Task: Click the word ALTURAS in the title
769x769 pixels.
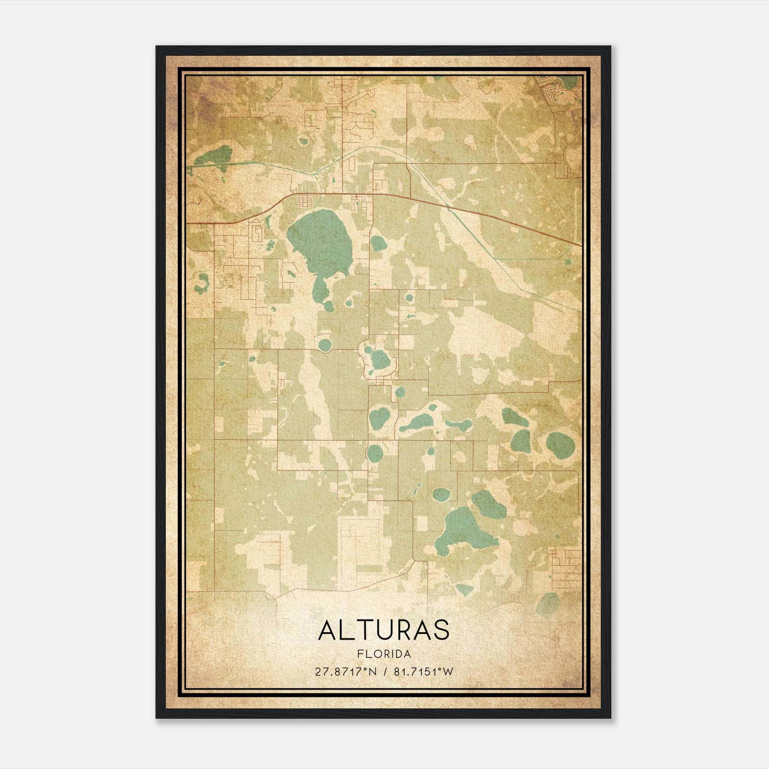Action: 384,630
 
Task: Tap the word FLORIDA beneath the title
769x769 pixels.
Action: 384,654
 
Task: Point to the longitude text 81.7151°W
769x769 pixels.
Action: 423,671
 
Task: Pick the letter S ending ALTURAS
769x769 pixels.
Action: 441,630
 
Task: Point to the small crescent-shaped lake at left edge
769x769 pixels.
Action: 202,284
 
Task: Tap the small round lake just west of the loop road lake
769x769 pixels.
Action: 325,345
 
